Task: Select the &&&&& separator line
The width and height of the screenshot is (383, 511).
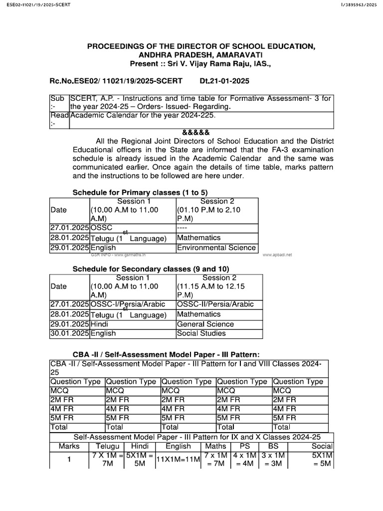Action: coord(192,132)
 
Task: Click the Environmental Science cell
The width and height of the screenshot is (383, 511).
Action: coord(216,248)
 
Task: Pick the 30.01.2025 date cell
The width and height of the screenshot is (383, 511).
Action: coord(69,333)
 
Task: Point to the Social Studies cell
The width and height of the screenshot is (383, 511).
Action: coord(201,333)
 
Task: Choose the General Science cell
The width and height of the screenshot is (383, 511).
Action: coord(205,324)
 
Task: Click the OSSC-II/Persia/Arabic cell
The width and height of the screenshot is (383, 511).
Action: coord(215,304)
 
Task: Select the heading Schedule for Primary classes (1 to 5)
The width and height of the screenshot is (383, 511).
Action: coord(140,193)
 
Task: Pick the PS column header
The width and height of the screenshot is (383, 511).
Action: coord(244,446)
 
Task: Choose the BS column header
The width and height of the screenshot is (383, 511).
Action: coord(273,446)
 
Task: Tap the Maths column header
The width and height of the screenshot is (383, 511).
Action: coord(215,446)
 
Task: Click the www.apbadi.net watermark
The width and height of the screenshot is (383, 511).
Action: coord(277,255)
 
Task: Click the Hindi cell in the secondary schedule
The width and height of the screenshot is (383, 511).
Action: coord(100,324)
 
